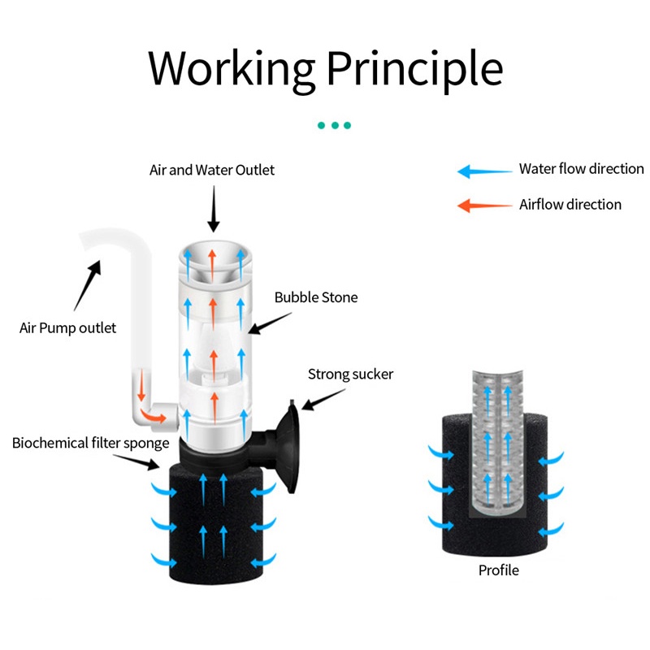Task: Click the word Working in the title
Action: click(x=232, y=69)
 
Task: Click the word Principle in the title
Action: click(x=415, y=69)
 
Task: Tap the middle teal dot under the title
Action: click(x=335, y=125)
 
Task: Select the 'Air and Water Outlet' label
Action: click(x=212, y=170)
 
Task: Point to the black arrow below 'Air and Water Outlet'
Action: click(x=214, y=209)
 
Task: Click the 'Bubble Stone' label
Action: click(x=316, y=297)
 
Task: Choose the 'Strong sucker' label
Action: click(x=350, y=375)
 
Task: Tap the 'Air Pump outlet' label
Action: click(x=67, y=328)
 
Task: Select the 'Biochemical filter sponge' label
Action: click(x=90, y=443)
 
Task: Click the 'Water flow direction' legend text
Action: click(x=581, y=169)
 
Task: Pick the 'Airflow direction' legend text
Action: click(x=570, y=205)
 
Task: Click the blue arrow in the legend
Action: click(x=484, y=171)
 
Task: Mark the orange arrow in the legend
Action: click(x=484, y=206)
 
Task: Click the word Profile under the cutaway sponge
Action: click(x=498, y=570)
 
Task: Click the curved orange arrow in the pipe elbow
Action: click(x=153, y=415)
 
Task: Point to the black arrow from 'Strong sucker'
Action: click(x=323, y=400)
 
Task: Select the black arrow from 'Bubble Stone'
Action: click(x=270, y=323)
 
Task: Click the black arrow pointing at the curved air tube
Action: click(x=88, y=285)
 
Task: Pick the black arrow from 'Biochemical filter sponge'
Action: click(x=136, y=461)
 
